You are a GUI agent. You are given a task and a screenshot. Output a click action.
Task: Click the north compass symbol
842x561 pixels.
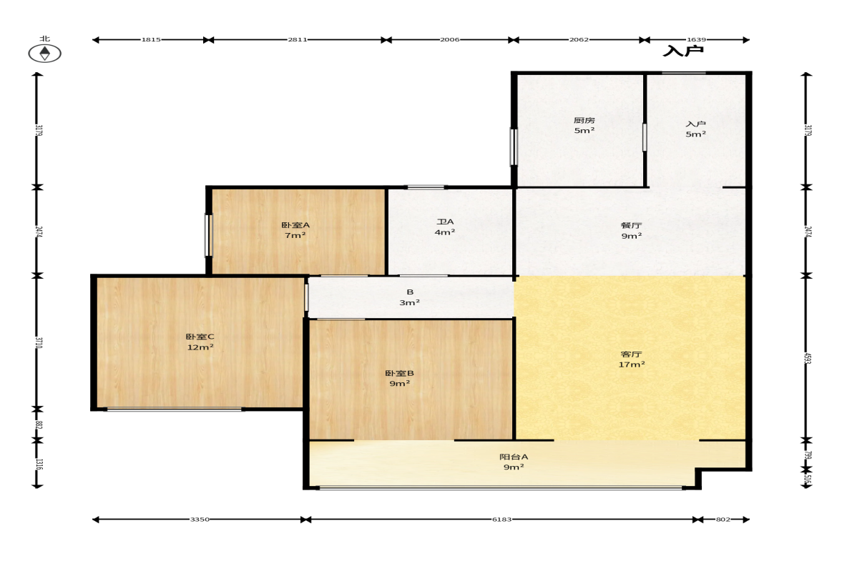point(44,53)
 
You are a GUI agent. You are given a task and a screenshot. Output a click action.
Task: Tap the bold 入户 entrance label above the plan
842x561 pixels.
point(682,51)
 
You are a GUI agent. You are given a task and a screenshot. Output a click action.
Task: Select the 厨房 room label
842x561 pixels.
point(584,120)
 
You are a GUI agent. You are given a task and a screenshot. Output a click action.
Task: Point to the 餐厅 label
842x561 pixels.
point(632,225)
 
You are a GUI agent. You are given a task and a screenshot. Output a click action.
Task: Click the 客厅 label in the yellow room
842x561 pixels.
point(632,354)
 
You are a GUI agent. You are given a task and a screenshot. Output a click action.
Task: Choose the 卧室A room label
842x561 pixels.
point(295,225)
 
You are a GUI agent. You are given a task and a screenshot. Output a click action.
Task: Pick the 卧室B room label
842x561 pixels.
point(399,373)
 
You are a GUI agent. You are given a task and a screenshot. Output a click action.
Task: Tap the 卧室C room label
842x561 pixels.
point(200,337)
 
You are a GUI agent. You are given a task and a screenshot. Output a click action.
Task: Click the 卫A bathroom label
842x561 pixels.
point(445,222)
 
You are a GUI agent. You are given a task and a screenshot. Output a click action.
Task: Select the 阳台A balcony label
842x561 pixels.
point(514,457)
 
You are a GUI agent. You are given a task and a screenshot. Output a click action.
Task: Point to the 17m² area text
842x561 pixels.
point(632,364)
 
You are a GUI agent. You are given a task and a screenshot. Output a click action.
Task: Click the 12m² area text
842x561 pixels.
point(200,347)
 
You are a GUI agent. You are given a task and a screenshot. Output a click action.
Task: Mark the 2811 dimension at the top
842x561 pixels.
point(298,40)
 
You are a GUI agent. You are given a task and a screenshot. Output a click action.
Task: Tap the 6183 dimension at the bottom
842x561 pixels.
point(502,519)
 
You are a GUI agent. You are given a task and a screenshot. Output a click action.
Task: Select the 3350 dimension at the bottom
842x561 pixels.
point(200,519)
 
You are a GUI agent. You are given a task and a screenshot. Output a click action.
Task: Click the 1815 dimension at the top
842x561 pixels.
point(151,40)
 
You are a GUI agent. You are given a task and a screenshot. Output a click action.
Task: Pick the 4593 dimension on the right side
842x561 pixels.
point(808,358)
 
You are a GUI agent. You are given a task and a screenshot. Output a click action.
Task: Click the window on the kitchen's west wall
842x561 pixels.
point(514,147)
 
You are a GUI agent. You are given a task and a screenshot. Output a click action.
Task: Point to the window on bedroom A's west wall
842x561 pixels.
point(209,235)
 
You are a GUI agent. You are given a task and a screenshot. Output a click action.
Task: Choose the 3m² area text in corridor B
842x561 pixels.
point(409,302)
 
